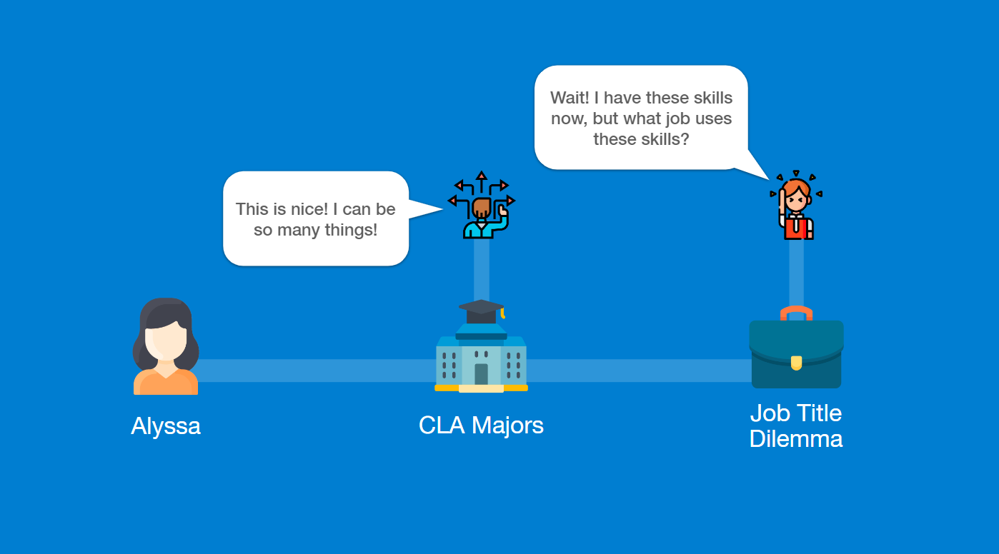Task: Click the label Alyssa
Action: (x=166, y=425)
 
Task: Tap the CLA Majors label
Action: (x=481, y=425)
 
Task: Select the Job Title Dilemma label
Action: (x=796, y=425)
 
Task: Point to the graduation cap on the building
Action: (x=481, y=309)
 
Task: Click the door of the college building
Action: (x=481, y=373)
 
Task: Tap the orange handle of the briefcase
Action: (x=796, y=313)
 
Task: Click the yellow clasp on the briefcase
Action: (x=796, y=363)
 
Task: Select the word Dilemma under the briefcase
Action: (x=796, y=438)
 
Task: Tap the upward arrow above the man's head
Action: (x=482, y=176)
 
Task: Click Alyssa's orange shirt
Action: (x=166, y=383)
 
